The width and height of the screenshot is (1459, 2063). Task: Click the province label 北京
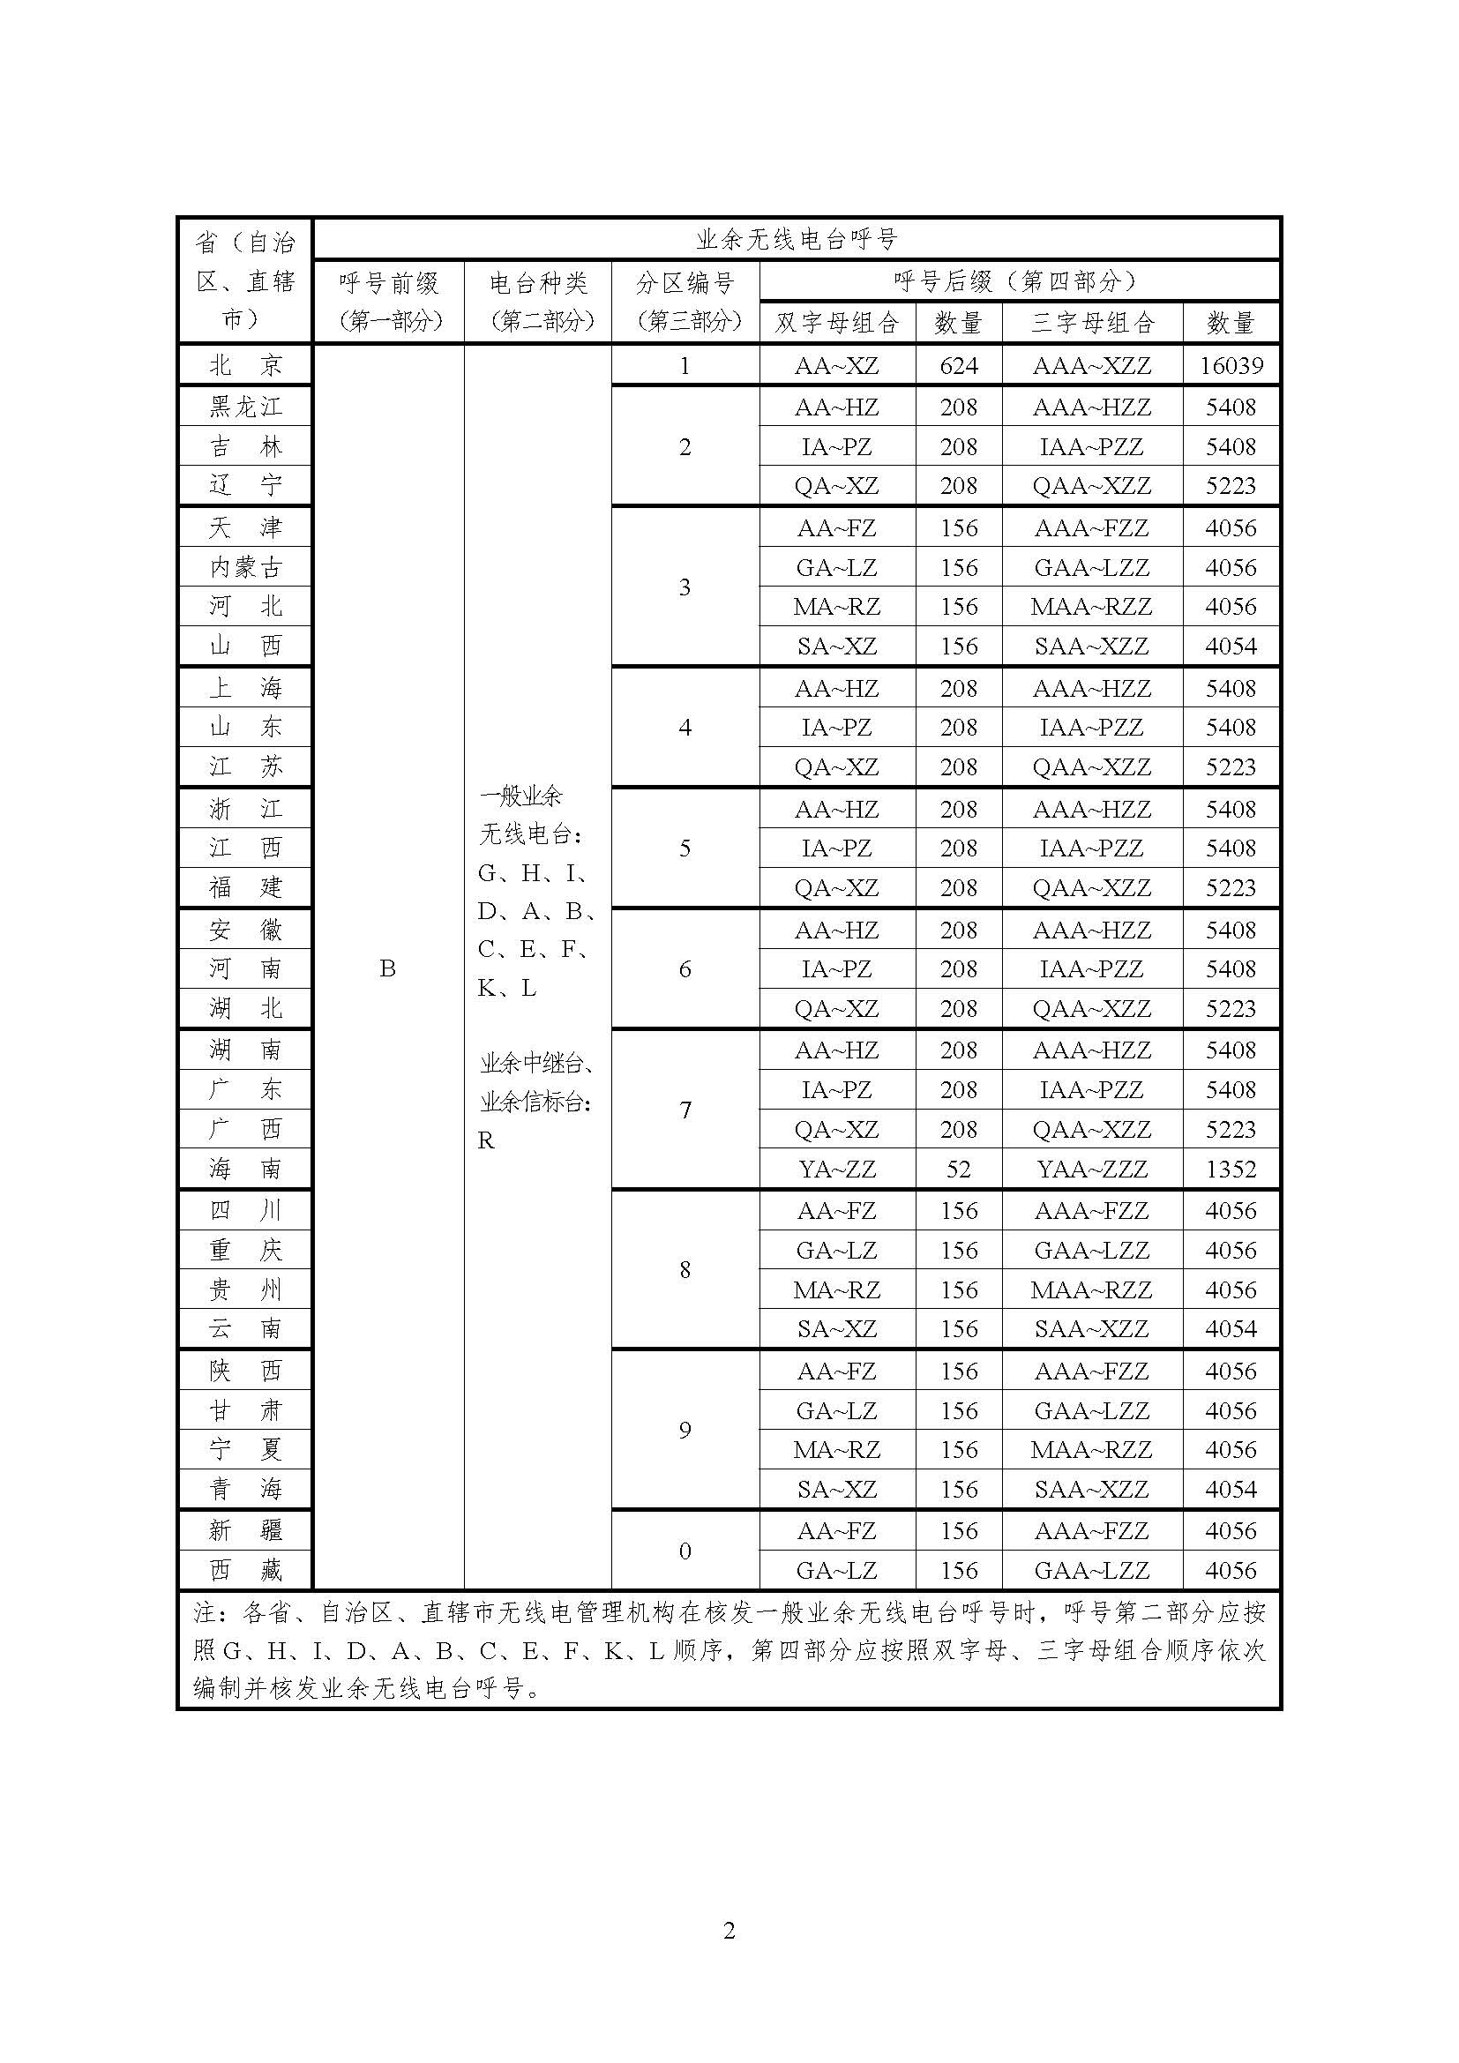pos(245,366)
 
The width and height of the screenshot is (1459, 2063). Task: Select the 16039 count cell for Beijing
pos(1231,366)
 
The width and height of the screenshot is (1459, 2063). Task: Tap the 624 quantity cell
pos(959,366)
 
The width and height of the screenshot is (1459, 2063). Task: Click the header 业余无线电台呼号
pos(796,239)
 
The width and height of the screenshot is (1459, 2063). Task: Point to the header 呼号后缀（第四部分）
pos(1019,281)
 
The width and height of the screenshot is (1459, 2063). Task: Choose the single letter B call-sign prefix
pos(387,968)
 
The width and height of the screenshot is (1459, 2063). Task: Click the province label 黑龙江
pos(245,407)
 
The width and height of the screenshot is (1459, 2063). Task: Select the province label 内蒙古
pos(245,567)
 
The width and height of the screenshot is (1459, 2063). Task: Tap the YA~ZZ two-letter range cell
pos(836,1169)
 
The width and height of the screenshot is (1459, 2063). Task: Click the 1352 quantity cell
pos(1231,1169)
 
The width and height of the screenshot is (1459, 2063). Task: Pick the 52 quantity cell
pos(959,1169)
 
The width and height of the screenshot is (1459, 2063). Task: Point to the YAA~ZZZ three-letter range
pos(1091,1169)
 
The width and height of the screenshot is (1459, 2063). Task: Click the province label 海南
pos(245,1169)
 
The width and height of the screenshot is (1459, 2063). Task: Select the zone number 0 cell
pos(685,1551)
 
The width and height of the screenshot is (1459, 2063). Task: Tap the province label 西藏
pos(245,1571)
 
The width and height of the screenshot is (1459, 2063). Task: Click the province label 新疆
pos(245,1530)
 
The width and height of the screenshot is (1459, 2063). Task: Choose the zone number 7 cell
pos(685,1110)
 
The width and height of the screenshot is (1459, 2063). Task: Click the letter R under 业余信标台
pos(486,1141)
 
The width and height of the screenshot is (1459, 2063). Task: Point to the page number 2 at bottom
pos(729,1931)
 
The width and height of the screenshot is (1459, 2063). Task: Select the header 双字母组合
pos(836,323)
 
